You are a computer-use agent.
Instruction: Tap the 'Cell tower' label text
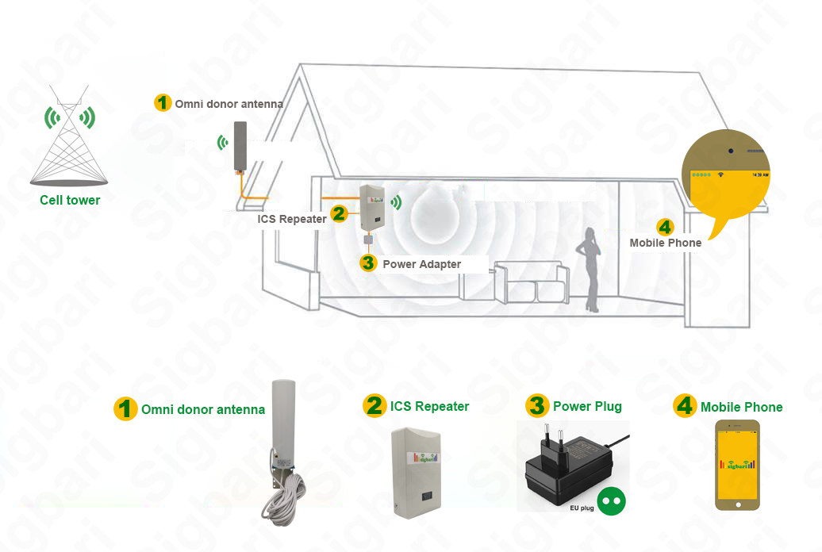click(x=70, y=201)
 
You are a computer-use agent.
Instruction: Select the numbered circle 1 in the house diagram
click(x=163, y=103)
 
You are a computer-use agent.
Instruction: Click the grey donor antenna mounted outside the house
click(x=240, y=146)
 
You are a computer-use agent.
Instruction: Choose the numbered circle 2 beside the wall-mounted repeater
click(x=339, y=213)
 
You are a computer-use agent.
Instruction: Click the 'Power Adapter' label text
click(x=421, y=264)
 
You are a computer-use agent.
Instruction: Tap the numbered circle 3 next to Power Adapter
click(x=367, y=263)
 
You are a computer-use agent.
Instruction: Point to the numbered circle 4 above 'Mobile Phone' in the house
click(x=665, y=227)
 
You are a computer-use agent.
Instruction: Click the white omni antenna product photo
click(x=282, y=420)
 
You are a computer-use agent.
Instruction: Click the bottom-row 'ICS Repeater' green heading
click(x=429, y=407)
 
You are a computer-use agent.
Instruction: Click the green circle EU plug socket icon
click(x=612, y=501)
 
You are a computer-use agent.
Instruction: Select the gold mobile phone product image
click(x=737, y=466)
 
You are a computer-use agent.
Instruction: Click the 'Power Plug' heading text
click(x=587, y=407)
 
